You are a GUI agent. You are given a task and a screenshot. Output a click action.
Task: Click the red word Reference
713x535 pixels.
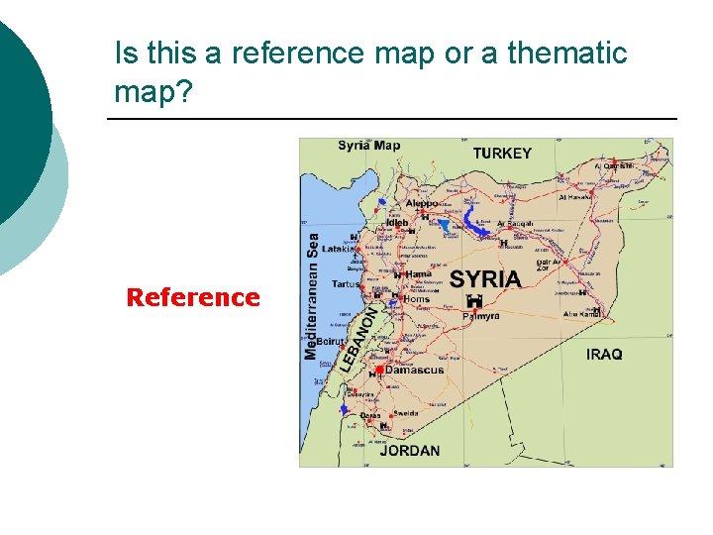[x=193, y=297]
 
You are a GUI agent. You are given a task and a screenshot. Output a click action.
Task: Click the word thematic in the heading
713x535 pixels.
[x=567, y=53]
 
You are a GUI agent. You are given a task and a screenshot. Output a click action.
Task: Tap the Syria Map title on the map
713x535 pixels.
[x=369, y=146]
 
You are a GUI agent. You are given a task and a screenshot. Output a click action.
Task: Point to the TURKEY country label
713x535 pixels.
[x=502, y=154]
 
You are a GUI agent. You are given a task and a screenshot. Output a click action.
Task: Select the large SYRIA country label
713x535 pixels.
[x=485, y=278]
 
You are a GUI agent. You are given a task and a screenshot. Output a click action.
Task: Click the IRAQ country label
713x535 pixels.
[x=604, y=354]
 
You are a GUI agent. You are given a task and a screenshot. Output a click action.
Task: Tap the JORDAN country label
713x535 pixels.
[x=410, y=451]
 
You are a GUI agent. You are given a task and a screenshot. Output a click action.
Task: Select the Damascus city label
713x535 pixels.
[x=415, y=370]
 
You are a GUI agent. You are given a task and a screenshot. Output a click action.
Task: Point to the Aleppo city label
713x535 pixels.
[x=421, y=203]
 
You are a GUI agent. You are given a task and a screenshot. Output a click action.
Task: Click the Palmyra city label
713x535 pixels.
[x=481, y=316]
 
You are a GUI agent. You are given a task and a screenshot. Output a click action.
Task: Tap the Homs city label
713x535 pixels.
[x=417, y=298]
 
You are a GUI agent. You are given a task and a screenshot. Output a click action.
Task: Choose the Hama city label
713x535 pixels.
[x=418, y=274]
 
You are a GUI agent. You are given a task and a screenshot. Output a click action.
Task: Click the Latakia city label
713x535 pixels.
[x=337, y=249]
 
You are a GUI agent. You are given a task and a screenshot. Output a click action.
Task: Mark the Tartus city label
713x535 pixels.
[x=346, y=284]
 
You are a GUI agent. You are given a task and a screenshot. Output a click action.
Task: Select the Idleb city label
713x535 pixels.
[x=396, y=223]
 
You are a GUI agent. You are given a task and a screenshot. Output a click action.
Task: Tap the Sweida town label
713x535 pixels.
[x=406, y=413]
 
